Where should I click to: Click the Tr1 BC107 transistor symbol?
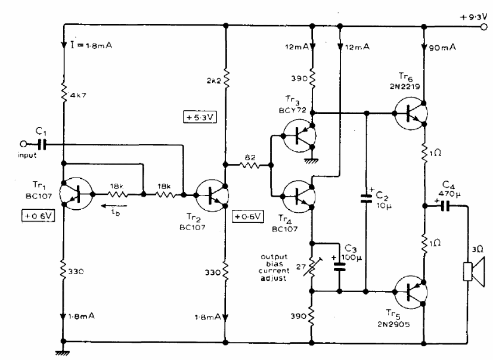point(77,194)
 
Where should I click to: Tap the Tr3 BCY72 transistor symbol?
point(299,136)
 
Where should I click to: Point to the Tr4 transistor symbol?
point(299,196)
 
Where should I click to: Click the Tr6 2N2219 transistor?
point(410,113)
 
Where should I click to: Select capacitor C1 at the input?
point(42,144)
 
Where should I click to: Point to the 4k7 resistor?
point(64,92)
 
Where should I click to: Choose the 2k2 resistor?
point(226,78)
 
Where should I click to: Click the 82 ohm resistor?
point(250,165)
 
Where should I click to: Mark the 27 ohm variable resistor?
point(312,267)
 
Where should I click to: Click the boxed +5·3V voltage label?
point(200,117)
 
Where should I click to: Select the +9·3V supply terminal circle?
point(484,27)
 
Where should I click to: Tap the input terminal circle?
point(23,144)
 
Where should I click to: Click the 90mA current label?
point(442,48)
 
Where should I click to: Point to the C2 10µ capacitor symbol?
point(366,198)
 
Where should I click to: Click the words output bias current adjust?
point(274,268)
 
